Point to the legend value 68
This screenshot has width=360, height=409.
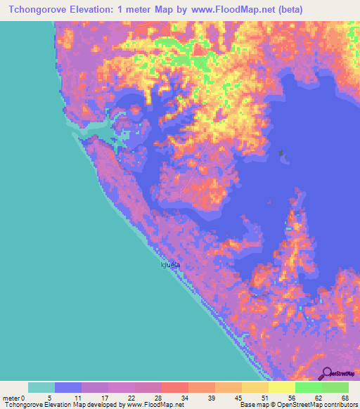point(345,398)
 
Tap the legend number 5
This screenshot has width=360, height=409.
point(51,398)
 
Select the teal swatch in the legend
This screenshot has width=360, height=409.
point(41,387)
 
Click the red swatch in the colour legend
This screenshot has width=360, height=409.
point(174,387)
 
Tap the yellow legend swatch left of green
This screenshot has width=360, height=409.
point(281,387)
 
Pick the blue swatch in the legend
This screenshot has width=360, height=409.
point(68,387)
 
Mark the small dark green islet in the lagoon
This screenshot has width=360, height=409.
point(282,152)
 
